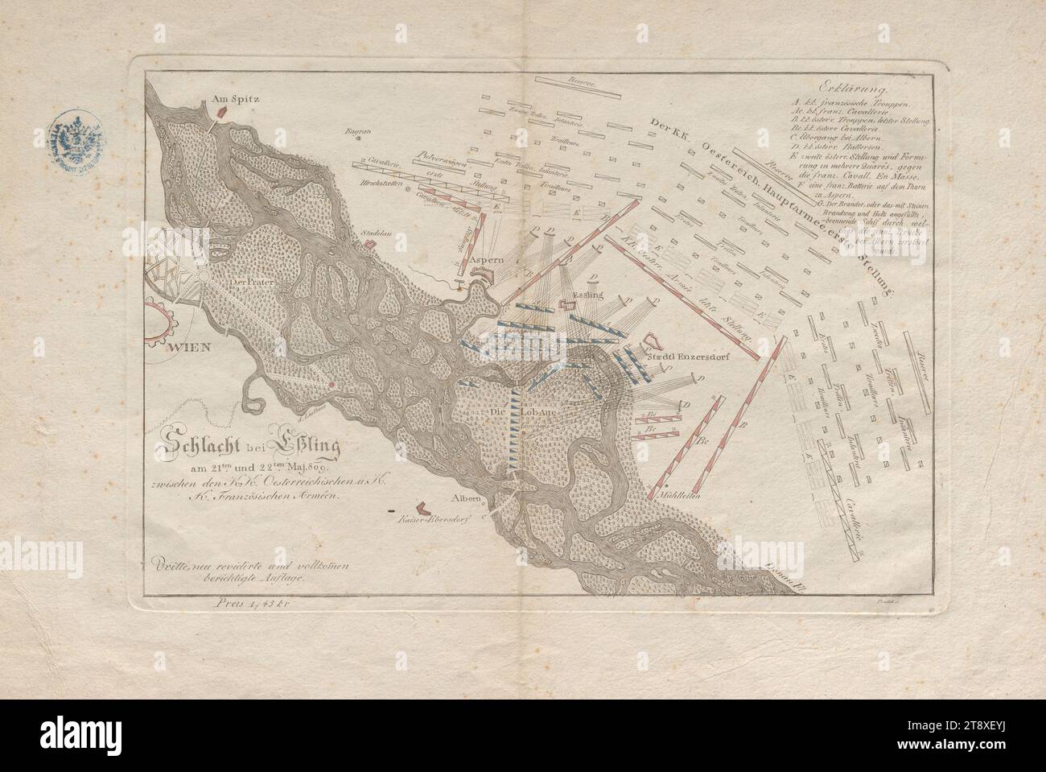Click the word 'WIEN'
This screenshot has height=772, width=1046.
[189, 348]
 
